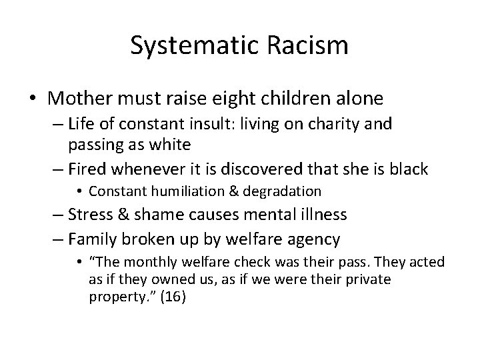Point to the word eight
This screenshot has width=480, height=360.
pyautogui.click(x=261, y=99)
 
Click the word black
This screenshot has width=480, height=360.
pyautogui.click(x=407, y=169)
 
